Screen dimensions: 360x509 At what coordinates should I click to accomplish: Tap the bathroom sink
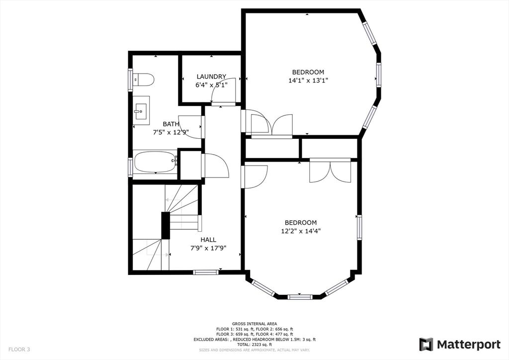click(141, 110)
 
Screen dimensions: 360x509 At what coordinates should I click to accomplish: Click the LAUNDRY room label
click(211, 77)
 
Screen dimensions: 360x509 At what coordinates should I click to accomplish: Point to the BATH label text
click(171, 124)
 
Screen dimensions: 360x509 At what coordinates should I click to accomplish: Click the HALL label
click(208, 240)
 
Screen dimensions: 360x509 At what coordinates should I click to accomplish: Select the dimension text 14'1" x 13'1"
click(308, 80)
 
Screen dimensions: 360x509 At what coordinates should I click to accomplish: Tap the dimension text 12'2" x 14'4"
click(301, 231)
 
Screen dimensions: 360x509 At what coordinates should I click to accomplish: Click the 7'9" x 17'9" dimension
click(208, 248)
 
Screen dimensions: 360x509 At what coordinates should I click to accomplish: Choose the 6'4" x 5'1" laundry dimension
click(211, 85)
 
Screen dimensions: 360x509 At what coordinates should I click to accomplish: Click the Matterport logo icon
click(426, 345)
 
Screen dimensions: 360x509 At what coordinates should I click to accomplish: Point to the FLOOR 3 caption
click(19, 350)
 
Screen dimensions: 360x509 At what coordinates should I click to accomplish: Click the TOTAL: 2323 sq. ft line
click(254, 345)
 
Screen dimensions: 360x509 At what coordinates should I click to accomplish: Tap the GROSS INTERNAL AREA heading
click(254, 324)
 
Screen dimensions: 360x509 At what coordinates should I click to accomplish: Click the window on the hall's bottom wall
click(206, 272)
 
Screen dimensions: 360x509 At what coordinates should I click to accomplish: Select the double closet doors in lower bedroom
click(330, 171)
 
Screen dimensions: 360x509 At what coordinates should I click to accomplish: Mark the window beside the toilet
click(131, 80)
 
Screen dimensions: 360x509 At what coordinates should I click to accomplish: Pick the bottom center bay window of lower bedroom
click(300, 297)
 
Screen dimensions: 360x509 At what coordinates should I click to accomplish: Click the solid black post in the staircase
click(166, 226)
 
